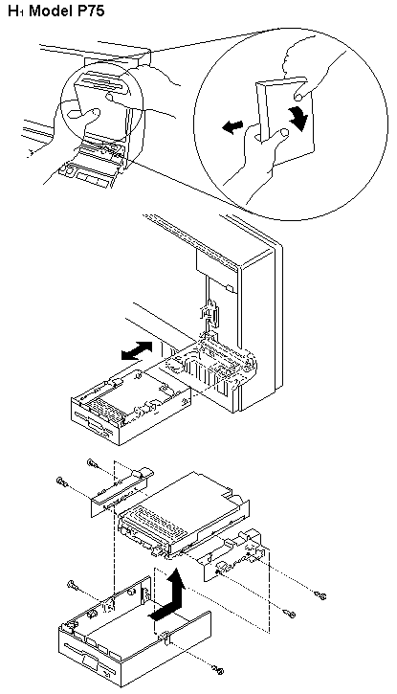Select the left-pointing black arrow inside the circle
click(x=232, y=127)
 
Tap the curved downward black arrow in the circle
click(x=297, y=118)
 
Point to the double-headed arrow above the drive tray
click(x=137, y=349)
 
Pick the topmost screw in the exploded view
click(x=94, y=464)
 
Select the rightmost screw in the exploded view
click(x=321, y=595)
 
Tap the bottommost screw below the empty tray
click(x=217, y=670)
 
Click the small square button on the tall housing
click(x=229, y=288)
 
